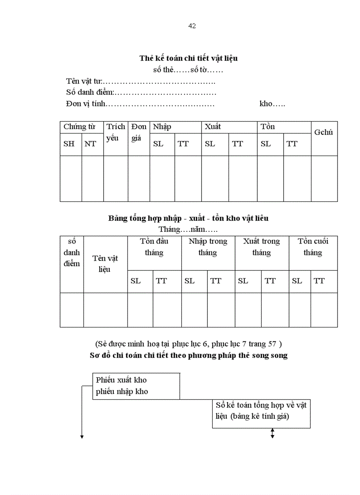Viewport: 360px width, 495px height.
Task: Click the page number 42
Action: click(x=192, y=26)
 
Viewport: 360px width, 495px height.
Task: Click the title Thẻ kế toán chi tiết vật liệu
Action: click(x=189, y=58)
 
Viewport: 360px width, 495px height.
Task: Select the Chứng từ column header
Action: click(x=79, y=127)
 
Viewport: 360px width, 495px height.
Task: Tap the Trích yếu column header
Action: click(x=116, y=132)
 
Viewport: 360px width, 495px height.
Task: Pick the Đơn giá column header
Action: click(x=139, y=132)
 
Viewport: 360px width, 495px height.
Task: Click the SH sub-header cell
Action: click(x=69, y=144)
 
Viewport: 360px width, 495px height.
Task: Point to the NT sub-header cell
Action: click(x=90, y=144)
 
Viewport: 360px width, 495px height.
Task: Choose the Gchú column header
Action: click(x=323, y=132)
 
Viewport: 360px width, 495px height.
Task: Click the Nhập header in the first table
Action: click(x=162, y=127)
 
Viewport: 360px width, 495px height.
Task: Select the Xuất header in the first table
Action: click(x=212, y=127)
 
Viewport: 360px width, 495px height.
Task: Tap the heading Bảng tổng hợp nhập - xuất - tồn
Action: click(x=188, y=218)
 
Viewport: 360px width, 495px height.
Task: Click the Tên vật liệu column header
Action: click(x=105, y=264)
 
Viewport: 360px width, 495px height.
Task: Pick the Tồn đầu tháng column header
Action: click(x=154, y=247)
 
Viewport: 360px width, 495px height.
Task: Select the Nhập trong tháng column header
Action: click(x=208, y=247)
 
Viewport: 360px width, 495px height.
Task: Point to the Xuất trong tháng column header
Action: click(x=262, y=247)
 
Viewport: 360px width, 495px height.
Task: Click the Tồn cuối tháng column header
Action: click(x=313, y=247)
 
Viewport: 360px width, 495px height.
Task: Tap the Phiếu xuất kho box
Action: click(x=136, y=386)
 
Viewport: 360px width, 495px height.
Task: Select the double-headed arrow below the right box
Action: click(x=272, y=434)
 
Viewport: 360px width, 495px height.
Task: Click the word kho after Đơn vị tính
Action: click(x=272, y=104)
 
